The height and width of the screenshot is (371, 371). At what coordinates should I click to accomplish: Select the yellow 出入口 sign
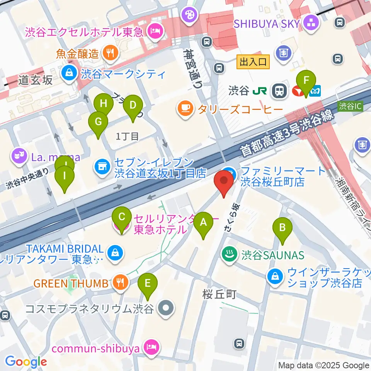click(x=253, y=62)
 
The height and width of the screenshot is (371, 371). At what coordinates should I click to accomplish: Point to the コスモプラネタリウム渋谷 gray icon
click(x=167, y=308)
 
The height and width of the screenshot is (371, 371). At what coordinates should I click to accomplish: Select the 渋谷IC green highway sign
click(x=351, y=106)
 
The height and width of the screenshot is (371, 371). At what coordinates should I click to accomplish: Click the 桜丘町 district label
click(x=219, y=295)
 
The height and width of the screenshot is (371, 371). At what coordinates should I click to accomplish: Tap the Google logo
click(x=26, y=362)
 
